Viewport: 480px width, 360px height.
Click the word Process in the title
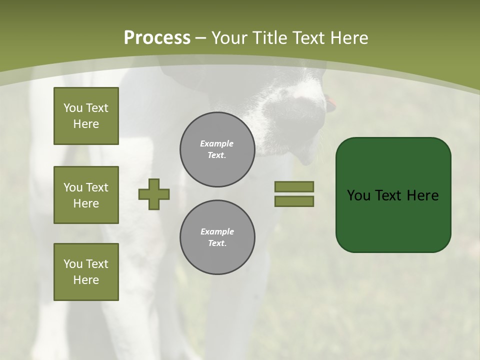[157, 38]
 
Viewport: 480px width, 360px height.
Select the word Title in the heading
[270, 38]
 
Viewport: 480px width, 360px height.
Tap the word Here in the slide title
[348, 38]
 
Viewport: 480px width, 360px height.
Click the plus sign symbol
[154, 194]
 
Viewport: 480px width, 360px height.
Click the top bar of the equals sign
[294, 186]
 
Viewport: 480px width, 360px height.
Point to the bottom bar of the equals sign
[294, 201]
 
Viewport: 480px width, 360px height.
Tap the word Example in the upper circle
[217, 143]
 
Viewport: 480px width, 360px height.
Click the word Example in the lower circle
[217, 231]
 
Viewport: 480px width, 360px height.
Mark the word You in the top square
[73, 108]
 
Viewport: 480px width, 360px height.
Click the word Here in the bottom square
[86, 280]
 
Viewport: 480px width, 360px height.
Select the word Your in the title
[231, 38]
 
